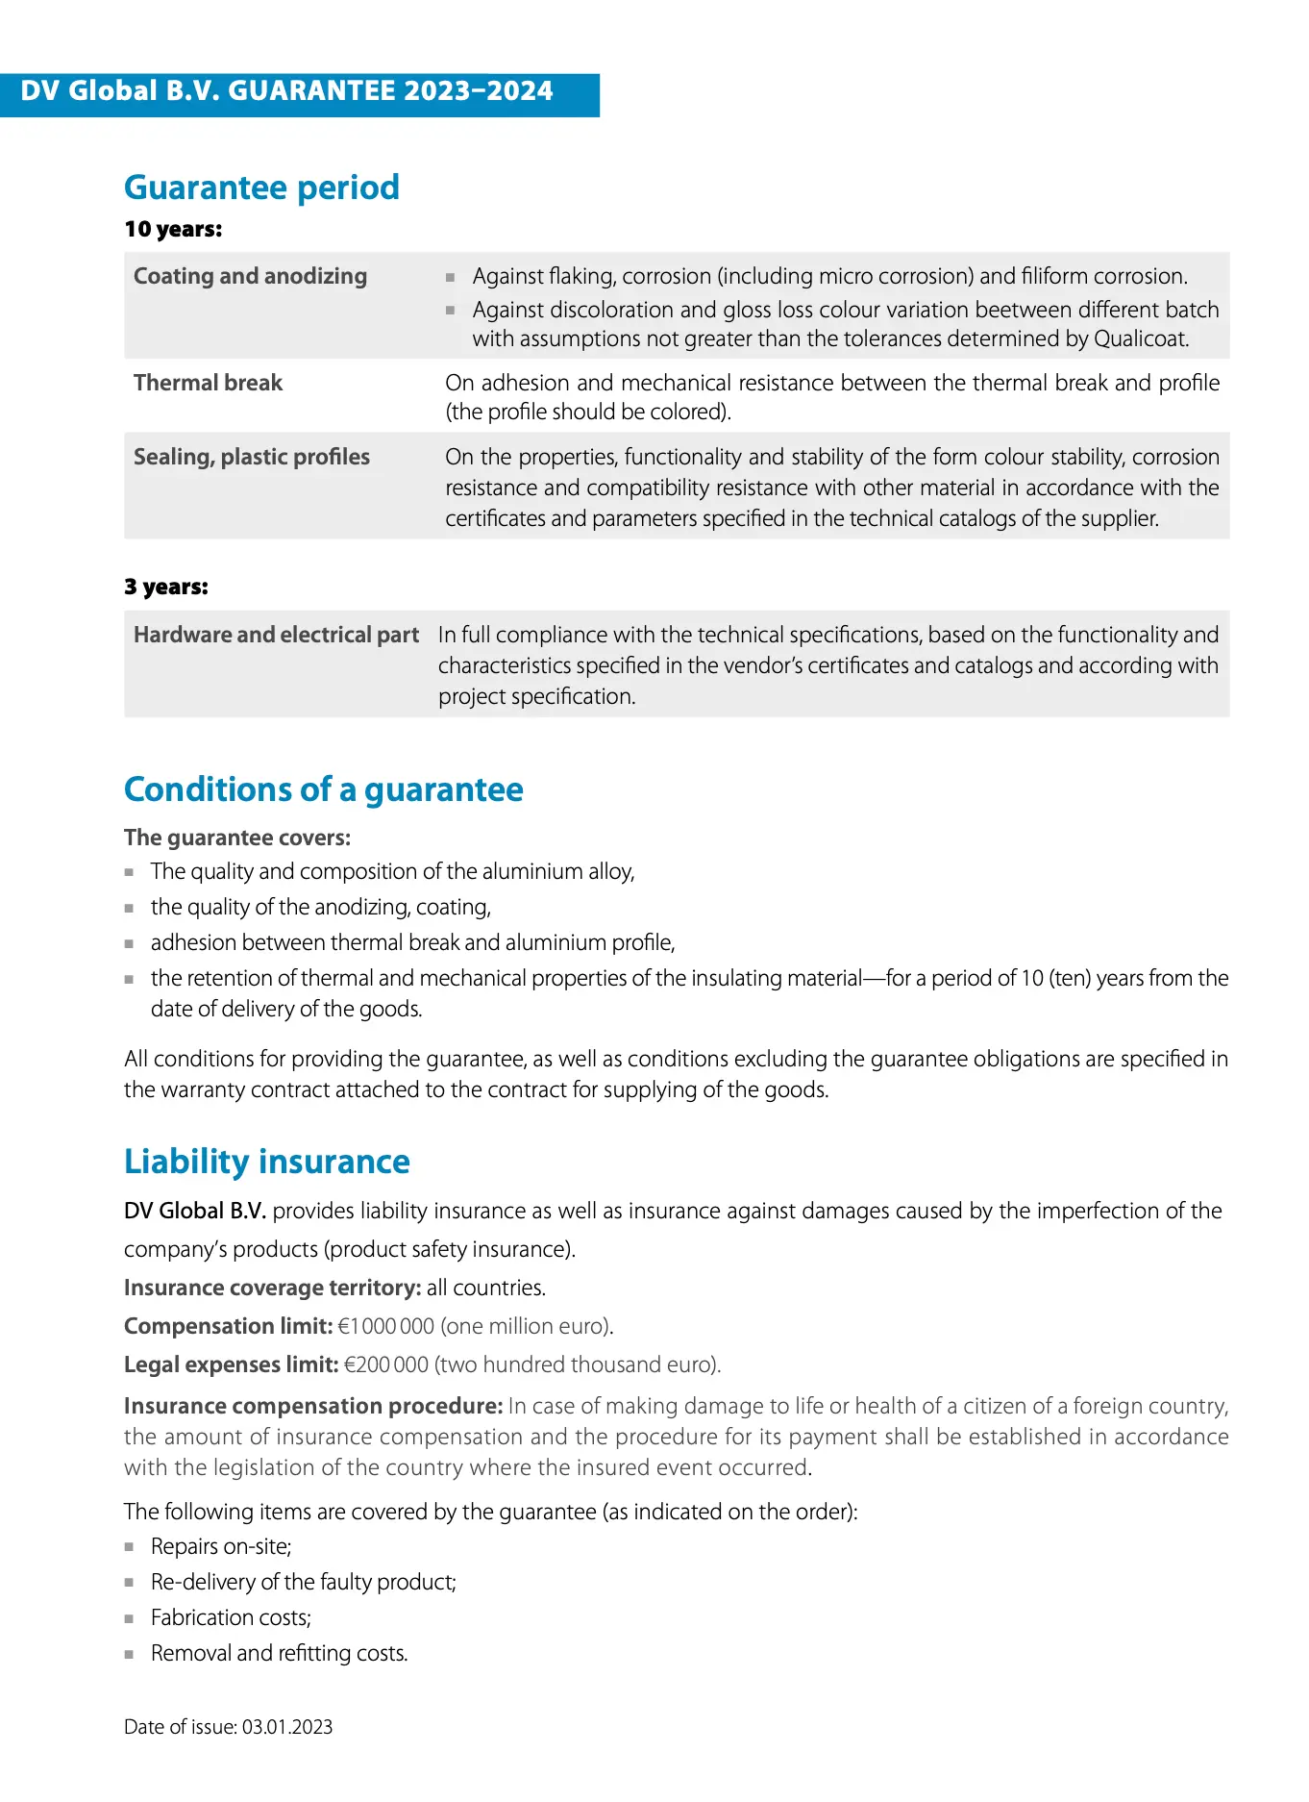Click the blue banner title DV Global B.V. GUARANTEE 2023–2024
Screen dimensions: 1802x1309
click(286, 91)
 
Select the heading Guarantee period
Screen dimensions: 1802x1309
click(261, 188)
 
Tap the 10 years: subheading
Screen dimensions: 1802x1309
click(173, 229)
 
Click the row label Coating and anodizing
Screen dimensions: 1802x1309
click(250, 276)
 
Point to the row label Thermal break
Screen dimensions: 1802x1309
click(208, 383)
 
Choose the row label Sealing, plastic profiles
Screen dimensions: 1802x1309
click(251, 457)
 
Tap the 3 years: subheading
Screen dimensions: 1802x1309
click(165, 587)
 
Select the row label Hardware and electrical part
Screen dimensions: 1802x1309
click(276, 635)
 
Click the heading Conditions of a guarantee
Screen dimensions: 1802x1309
click(323, 789)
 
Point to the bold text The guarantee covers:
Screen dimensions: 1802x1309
click(237, 838)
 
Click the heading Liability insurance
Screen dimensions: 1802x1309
click(266, 1162)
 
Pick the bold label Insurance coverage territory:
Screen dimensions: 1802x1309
click(272, 1288)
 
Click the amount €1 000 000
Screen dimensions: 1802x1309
click(386, 1326)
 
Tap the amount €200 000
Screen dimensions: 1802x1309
click(386, 1364)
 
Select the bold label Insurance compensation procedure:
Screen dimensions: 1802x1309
click(313, 1406)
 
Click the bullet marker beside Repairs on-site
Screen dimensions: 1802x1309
click(129, 1547)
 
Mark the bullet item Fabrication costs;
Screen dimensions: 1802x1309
click(231, 1617)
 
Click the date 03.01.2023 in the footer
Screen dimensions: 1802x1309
click(287, 1727)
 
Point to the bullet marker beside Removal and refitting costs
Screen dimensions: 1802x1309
click(129, 1654)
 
